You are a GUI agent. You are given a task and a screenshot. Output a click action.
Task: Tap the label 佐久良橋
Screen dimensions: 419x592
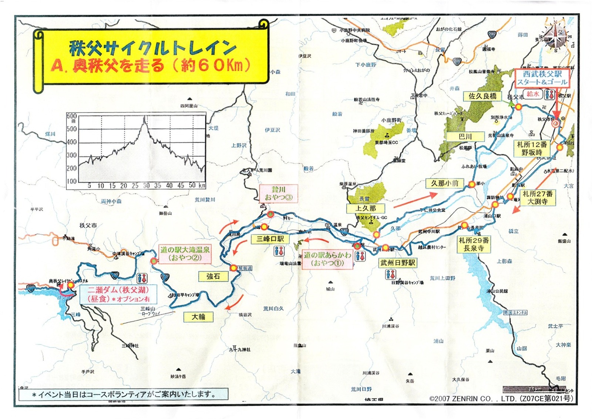[x=482, y=96]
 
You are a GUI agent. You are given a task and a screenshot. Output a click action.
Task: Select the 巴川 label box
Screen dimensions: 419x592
[x=465, y=137]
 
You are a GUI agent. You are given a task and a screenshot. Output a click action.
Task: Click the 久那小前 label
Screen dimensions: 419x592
[x=445, y=183]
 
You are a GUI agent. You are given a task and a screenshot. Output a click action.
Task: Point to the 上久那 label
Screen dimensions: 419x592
[x=366, y=208]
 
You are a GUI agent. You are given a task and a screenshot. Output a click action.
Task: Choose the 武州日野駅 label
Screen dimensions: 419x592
[x=398, y=263]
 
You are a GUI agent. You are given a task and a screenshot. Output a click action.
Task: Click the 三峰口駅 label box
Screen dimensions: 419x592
[x=270, y=239]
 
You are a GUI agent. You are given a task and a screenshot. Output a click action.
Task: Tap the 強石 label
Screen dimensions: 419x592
[x=213, y=276]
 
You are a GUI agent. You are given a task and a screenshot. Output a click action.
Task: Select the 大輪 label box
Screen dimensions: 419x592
[x=198, y=317]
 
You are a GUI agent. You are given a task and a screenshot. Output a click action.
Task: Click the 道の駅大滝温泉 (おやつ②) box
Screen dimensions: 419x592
[x=185, y=254]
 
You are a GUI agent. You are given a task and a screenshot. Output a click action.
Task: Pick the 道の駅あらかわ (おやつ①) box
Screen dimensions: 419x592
[x=327, y=259]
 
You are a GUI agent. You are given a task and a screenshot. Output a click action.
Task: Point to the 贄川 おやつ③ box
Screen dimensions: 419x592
[x=279, y=194]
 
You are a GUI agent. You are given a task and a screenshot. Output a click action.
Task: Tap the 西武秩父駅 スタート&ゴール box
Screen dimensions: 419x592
[x=542, y=78]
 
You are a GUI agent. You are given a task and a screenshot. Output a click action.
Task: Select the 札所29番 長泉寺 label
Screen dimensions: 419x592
[x=474, y=244]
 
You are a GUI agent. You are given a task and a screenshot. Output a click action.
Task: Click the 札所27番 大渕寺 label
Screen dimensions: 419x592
[x=537, y=198]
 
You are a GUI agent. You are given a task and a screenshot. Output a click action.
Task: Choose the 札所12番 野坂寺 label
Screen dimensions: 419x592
[x=532, y=148]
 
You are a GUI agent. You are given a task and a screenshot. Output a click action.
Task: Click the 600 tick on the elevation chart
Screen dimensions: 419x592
[x=71, y=116]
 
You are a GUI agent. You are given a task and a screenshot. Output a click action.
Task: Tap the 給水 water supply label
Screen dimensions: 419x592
[x=533, y=94]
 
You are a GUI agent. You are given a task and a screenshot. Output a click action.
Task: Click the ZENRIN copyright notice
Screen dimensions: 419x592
[x=501, y=399]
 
